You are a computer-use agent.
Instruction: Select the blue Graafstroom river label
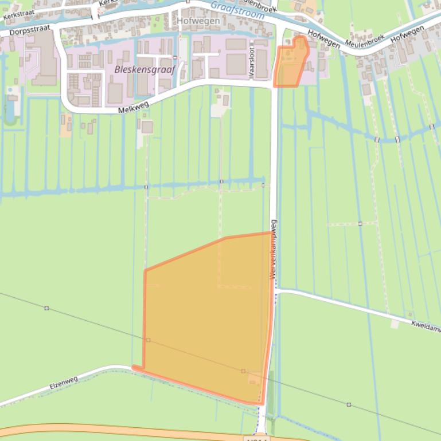coord(237,8)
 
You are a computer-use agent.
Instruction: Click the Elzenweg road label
coord(63,382)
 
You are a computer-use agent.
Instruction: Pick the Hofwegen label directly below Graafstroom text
coord(198,21)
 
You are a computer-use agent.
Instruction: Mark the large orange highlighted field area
coord(206,321)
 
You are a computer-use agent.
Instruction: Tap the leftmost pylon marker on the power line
coord(46,308)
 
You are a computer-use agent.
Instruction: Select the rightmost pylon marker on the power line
coord(349,405)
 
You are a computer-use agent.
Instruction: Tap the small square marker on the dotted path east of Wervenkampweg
coord(360,223)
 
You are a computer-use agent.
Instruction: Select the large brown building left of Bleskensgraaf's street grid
coord(43,57)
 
